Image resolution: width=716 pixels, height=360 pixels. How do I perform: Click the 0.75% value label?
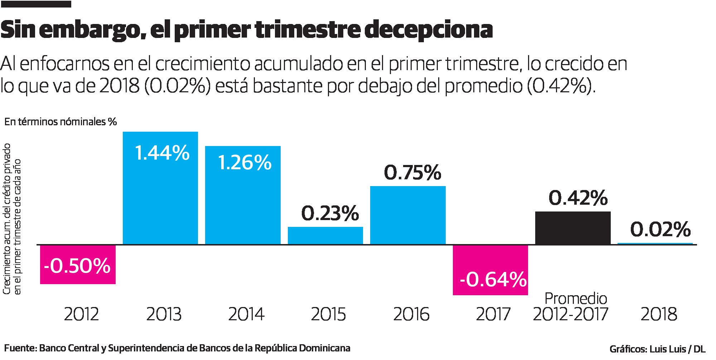coord(412,173)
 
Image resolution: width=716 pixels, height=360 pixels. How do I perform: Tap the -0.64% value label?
coord(493,280)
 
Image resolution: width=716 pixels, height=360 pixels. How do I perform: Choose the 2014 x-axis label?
coord(246,315)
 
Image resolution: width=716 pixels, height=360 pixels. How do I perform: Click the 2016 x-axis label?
coord(411,315)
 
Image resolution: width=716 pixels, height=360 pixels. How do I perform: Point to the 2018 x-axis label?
coord(659,315)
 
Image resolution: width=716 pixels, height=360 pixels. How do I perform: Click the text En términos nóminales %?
coord(61,122)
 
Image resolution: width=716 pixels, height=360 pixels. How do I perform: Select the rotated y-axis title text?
coord(12,218)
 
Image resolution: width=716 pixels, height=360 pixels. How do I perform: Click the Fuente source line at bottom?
coord(177,348)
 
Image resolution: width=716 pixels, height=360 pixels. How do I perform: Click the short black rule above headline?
coord(36,4)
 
